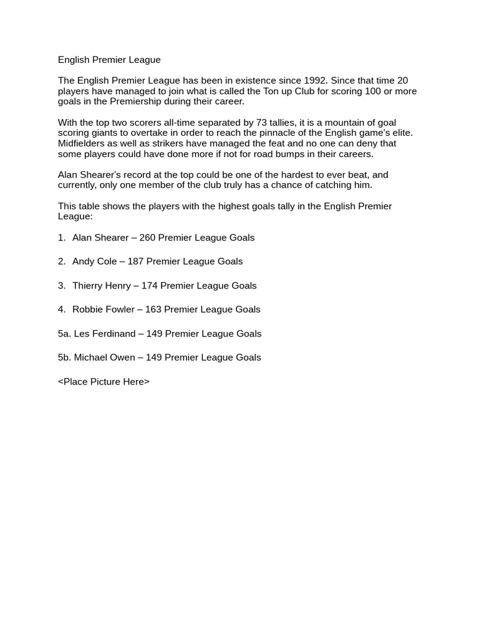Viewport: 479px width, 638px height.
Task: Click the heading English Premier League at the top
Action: (x=109, y=60)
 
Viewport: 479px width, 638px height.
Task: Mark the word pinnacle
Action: (x=293, y=133)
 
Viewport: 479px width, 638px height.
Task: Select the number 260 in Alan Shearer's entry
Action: (x=147, y=237)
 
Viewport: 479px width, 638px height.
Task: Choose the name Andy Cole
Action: (x=94, y=261)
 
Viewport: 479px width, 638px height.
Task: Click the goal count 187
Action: (x=135, y=261)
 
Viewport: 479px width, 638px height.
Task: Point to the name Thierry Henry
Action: (x=102, y=285)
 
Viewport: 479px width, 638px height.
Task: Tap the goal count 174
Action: (x=149, y=285)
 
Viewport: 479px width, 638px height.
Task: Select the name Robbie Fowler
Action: (x=104, y=309)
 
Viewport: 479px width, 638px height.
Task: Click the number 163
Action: (x=153, y=309)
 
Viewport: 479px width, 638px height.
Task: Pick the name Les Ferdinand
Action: (x=104, y=333)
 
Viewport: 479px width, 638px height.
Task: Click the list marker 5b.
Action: (x=64, y=357)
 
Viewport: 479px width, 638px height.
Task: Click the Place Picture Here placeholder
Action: (x=104, y=381)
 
